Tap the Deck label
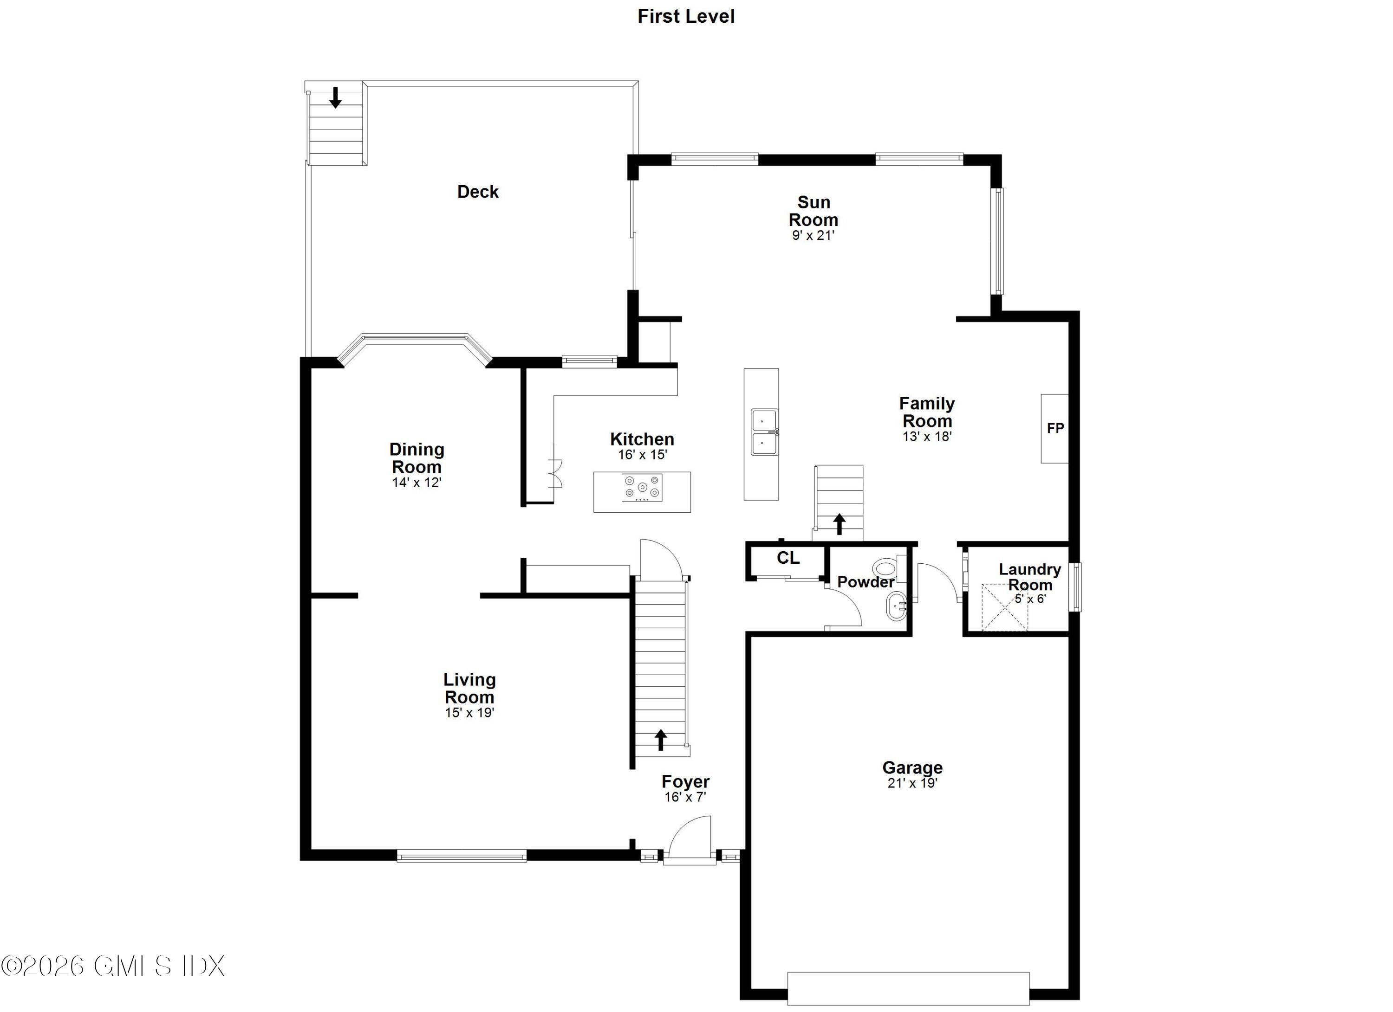click(478, 192)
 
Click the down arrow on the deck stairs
click(335, 97)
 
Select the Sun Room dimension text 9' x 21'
click(813, 236)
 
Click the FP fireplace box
click(1055, 428)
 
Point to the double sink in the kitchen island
click(764, 432)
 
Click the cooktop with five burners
click(642, 488)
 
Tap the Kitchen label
click(642, 439)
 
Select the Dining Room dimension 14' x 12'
click(417, 483)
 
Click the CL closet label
click(788, 558)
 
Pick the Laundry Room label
click(1029, 577)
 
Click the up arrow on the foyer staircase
click(660, 740)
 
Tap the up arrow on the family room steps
click(839, 523)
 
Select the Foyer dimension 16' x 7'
click(685, 797)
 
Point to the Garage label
click(912, 768)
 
